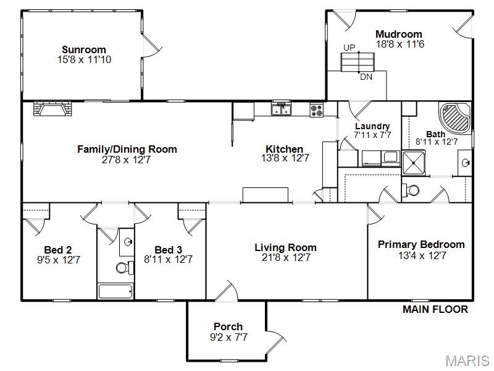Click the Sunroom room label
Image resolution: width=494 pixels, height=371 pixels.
[x=84, y=49]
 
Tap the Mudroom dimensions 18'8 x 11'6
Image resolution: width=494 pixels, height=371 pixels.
[x=400, y=44]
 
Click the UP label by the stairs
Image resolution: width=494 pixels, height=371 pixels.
[x=350, y=48]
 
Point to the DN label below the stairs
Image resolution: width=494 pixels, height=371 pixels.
[x=366, y=77]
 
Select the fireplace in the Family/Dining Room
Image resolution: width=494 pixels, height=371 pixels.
[x=52, y=108]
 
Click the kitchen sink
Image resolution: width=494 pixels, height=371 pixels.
[x=282, y=109]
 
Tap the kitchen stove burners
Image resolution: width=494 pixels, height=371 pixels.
[x=317, y=111]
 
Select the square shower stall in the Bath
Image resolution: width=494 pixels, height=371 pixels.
[x=414, y=163]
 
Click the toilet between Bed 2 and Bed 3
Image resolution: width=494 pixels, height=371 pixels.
[x=125, y=268]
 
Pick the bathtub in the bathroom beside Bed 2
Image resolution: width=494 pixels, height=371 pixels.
[x=115, y=291]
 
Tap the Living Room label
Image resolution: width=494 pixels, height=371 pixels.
[x=285, y=247]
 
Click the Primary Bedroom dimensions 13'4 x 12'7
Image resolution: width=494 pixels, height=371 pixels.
[x=422, y=255]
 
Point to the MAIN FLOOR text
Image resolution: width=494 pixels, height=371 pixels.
[x=435, y=310]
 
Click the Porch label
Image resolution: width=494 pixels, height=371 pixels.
[x=228, y=326]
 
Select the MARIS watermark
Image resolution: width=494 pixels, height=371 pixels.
[x=467, y=360]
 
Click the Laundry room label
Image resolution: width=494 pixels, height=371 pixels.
[x=372, y=126]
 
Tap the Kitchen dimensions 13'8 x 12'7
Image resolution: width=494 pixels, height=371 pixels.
[x=285, y=158]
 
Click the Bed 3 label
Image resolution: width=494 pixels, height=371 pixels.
[x=168, y=250]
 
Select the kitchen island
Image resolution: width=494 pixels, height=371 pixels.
[x=266, y=195]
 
